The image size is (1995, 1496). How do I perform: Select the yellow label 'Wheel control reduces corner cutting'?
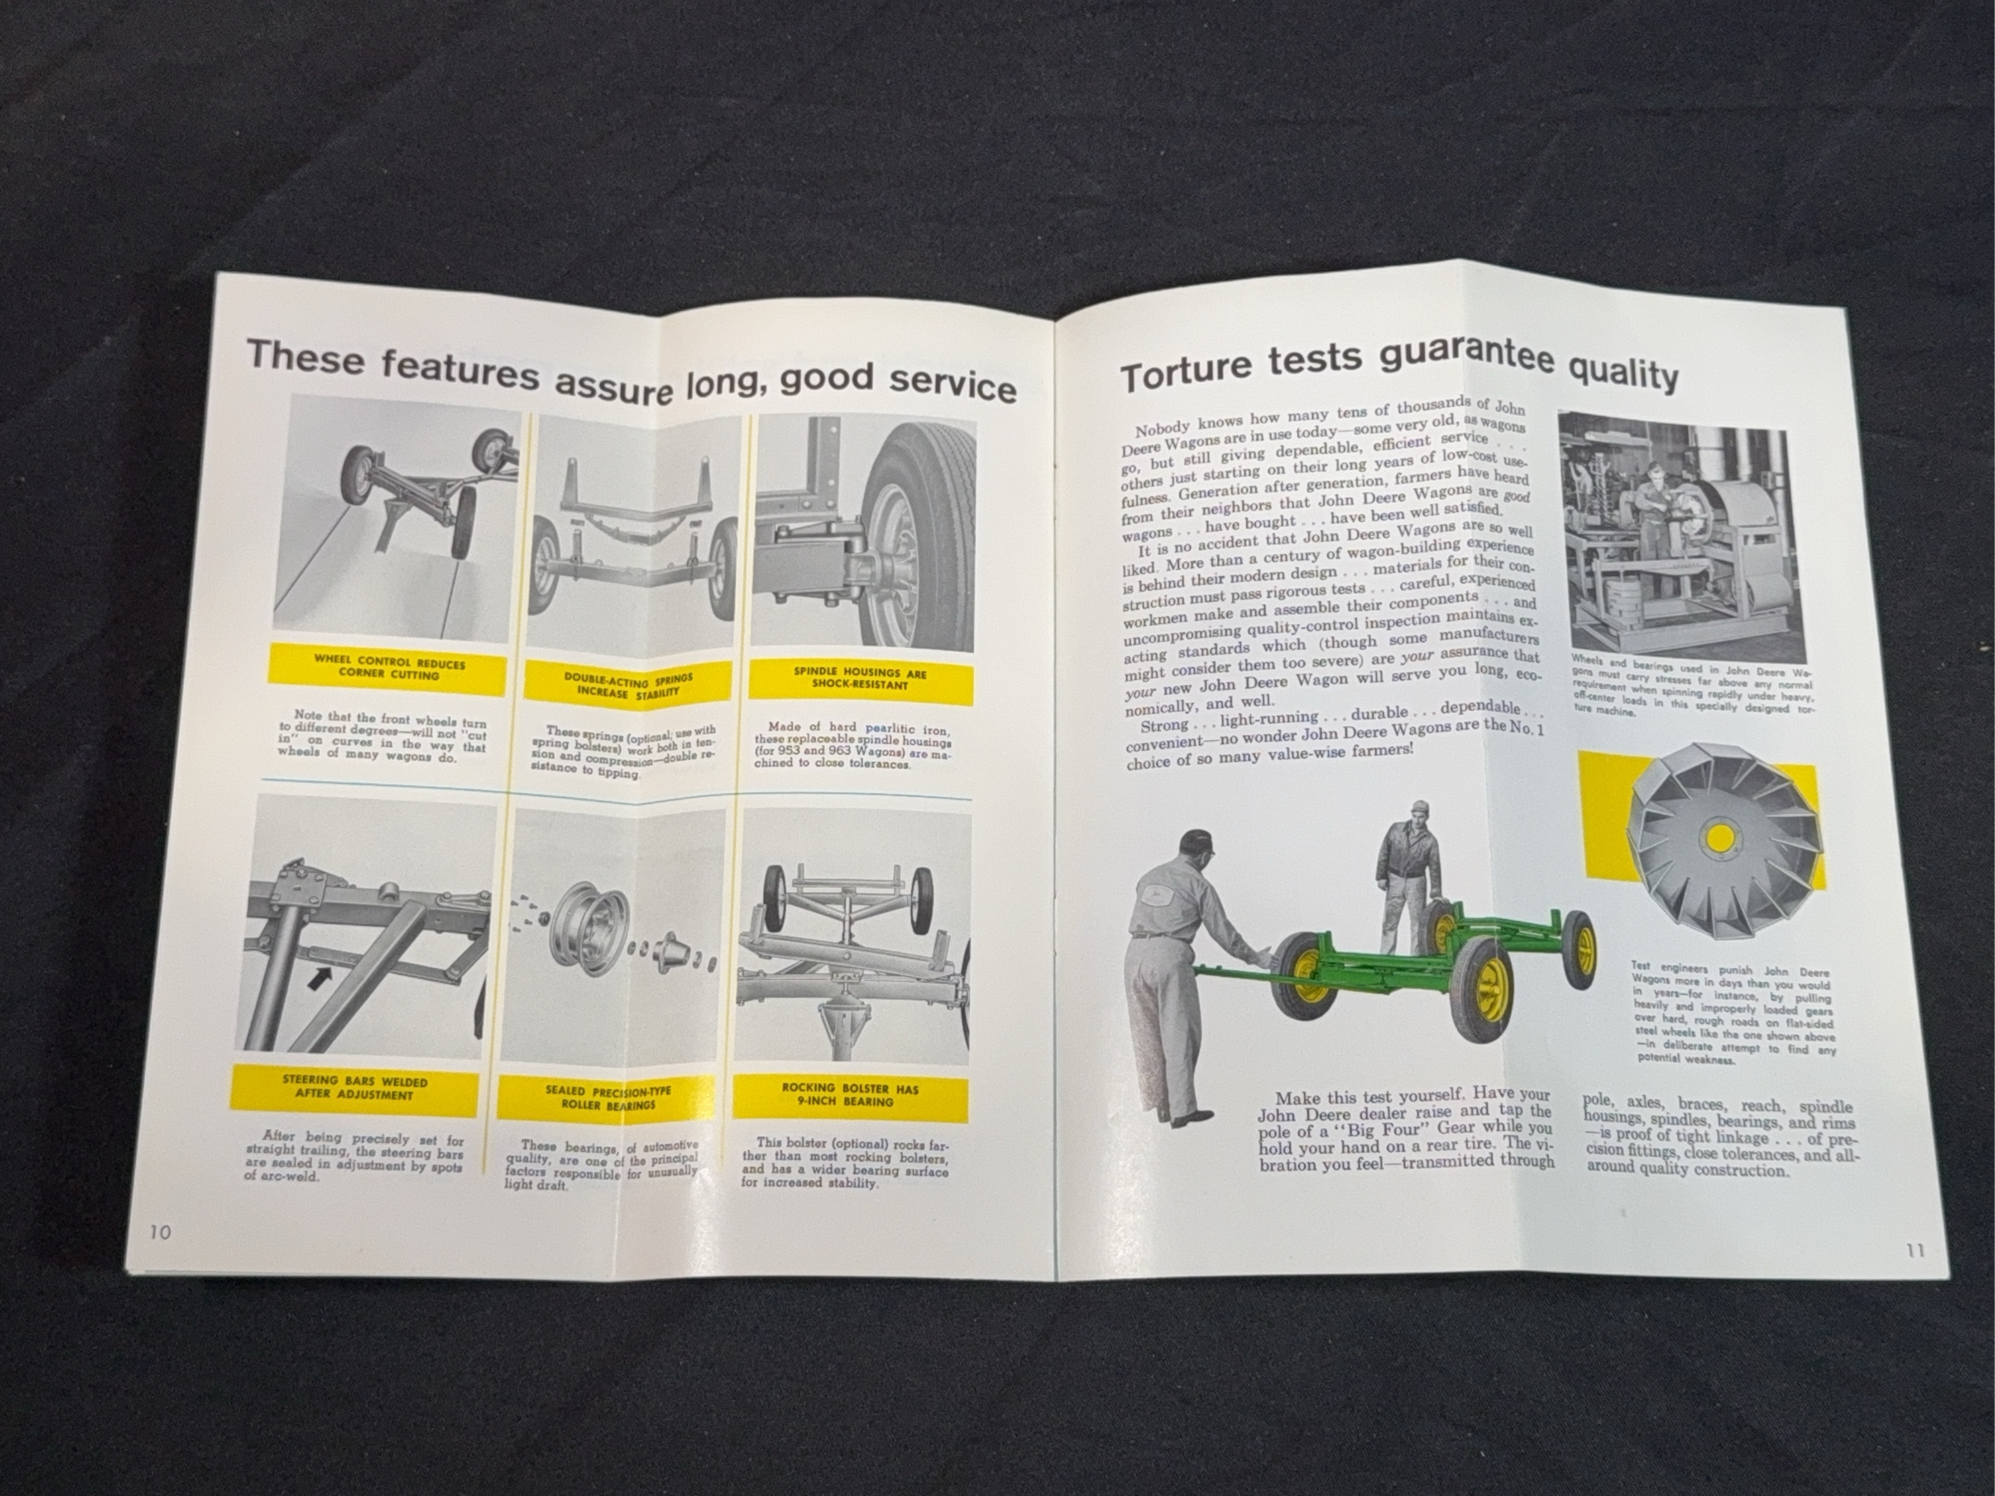pos(389,668)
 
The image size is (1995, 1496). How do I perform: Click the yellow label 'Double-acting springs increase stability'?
pos(622,684)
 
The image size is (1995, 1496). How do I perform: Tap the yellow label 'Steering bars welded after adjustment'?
pos(354,1087)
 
